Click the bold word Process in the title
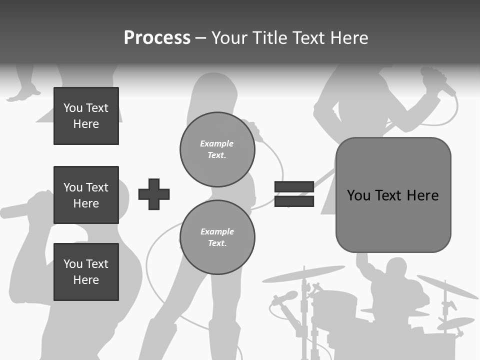pyautogui.click(x=157, y=37)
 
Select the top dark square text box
pyautogui.click(x=86, y=116)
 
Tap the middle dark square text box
pyautogui.click(x=86, y=195)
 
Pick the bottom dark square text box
pyautogui.click(x=86, y=272)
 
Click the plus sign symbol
pyautogui.click(x=154, y=194)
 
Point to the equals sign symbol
pyautogui.click(x=294, y=194)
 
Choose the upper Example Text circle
pyautogui.click(x=217, y=149)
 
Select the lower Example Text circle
pyautogui.click(x=217, y=237)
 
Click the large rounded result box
pyautogui.click(x=393, y=195)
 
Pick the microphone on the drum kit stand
pyautogui.click(x=284, y=298)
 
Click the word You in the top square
pyautogui.click(x=72, y=108)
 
